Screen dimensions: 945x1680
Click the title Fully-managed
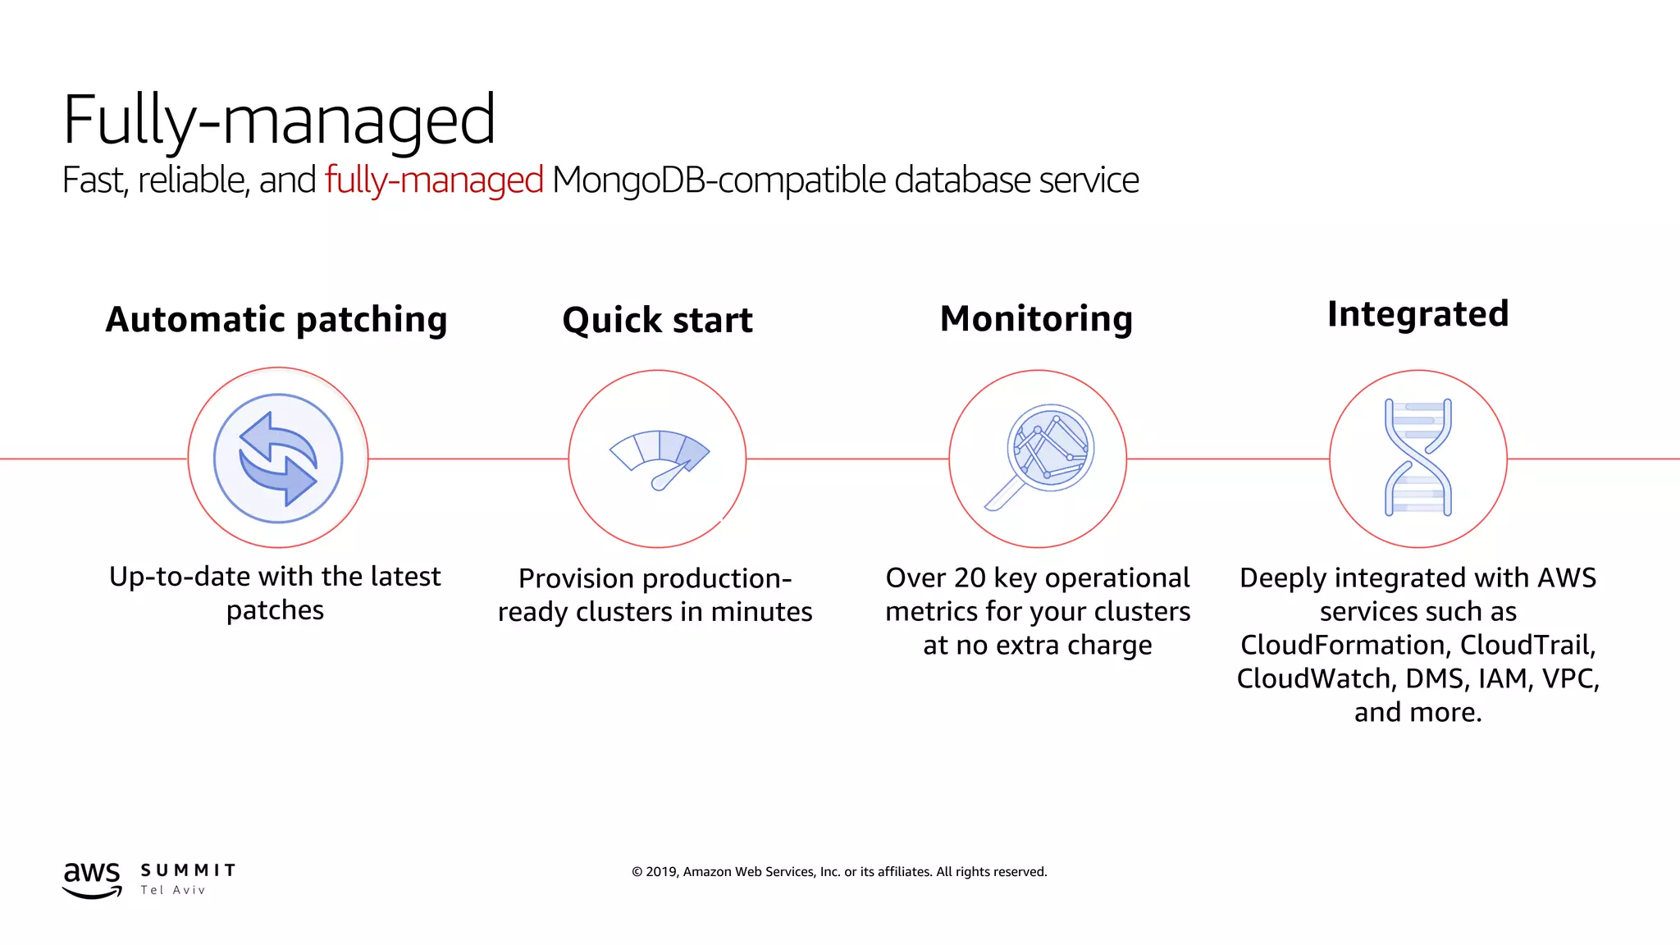click(x=279, y=121)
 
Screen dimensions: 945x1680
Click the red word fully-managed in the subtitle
click(x=434, y=180)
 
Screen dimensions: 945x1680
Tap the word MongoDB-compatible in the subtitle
click(x=719, y=180)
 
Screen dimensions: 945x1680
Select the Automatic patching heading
click(x=276, y=319)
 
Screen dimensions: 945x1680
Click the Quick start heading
click(x=657, y=320)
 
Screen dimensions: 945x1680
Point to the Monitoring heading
click(x=1036, y=318)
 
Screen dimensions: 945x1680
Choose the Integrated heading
click(x=1417, y=314)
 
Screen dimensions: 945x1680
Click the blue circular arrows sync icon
click(x=278, y=459)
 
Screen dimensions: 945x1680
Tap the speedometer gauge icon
click(x=659, y=458)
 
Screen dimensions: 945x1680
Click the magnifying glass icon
click(x=1039, y=456)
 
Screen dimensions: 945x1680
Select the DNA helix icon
click(x=1417, y=458)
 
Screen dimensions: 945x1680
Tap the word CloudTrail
click(x=1527, y=646)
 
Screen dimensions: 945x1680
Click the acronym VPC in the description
click(x=1569, y=679)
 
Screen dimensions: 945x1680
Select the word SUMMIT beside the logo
click(x=188, y=870)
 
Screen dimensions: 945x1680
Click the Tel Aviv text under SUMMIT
click(x=173, y=890)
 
